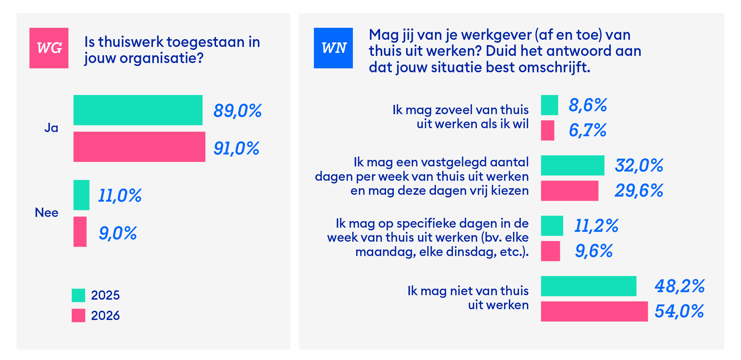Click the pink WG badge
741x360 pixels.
point(49,48)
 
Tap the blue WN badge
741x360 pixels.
point(333,48)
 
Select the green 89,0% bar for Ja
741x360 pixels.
point(138,110)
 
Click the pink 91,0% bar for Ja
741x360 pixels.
point(139,147)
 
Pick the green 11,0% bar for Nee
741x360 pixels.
point(81,195)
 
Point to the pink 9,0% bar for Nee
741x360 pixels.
point(80,232)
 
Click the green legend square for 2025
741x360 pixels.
point(78,295)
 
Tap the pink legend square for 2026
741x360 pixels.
point(78,315)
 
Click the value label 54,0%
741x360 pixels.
point(679,311)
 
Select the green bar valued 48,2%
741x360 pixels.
point(588,286)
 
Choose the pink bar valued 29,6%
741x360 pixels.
point(569,191)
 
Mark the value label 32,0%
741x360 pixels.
point(639,165)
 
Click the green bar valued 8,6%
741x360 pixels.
point(549,105)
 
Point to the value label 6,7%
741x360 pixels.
point(587,130)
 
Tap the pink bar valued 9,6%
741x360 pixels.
point(550,251)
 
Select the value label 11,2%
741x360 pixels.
point(596,226)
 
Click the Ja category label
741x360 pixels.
point(51,128)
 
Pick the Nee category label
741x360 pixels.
point(47,213)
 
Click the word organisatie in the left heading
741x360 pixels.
point(161,58)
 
